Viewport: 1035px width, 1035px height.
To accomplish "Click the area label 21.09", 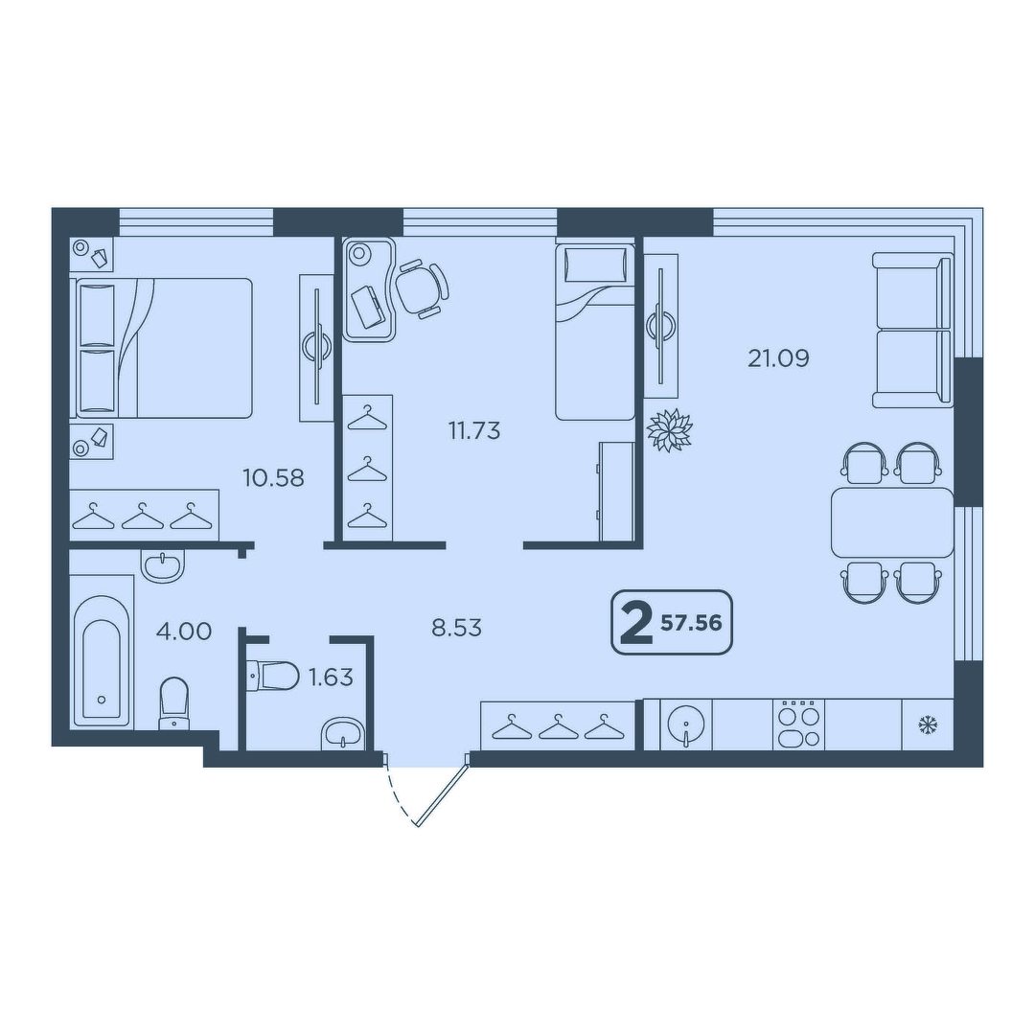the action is [x=778, y=358].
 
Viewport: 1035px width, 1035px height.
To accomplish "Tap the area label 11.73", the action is [x=474, y=431].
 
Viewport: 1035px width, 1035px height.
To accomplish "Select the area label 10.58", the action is [x=273, y=477].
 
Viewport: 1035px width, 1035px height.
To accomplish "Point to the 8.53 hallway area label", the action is [x=457, y=628].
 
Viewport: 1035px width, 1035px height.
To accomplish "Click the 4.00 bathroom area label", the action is [x=183, y=631].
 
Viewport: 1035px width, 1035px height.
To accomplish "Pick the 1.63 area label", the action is [x=331, y=678].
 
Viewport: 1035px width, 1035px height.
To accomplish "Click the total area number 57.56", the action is [x=691, y=623].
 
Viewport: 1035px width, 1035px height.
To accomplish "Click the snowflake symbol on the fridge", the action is [x=928, y=725].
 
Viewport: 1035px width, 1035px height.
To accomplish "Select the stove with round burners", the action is [x=798, y=724].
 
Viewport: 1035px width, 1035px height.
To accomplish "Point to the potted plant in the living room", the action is [x=669, y=430].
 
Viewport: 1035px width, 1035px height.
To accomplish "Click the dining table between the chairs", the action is [x=892, y=522].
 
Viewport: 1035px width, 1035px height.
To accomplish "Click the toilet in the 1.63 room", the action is [x=272, y=676].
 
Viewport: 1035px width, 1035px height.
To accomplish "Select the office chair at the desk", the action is [x=422, y=288].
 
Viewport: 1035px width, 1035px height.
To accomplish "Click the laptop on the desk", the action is [x=369, y=307].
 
